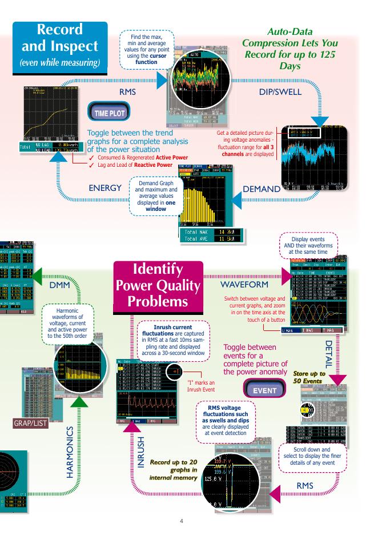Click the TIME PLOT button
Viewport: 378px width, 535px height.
click(x=108, y=113)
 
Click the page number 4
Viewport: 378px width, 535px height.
click(x=182, y=521)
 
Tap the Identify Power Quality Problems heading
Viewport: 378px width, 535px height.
click(x=159, y=285)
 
